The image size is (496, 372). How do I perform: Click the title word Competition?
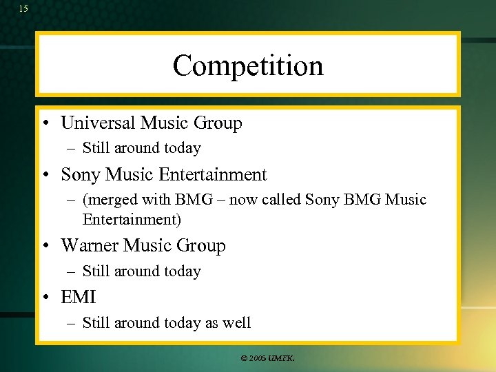click(x=247, y=66)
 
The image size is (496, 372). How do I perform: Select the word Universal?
click(x=99, y=123)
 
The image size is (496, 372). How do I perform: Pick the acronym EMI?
click(x=79, y=298)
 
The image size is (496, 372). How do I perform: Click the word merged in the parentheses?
click(x=112, y=200)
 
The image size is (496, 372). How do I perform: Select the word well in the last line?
click(x=236, y=322)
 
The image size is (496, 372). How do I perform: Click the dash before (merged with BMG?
click(x=72, y=200)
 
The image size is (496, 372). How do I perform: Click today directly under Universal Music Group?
click(x=178, y=148)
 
